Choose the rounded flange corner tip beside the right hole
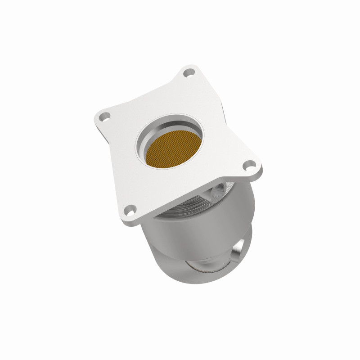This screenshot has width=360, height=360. (x=259, y=169)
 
